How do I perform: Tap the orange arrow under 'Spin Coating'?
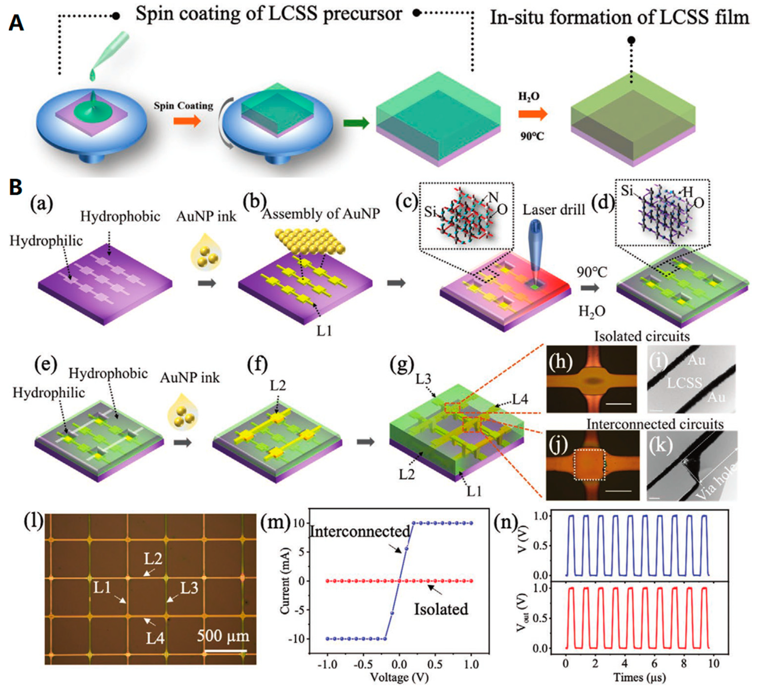[187, 121]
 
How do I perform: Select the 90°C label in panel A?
[532, 136]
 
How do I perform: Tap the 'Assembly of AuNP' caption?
[321, 214]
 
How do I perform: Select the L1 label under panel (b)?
[324, 331]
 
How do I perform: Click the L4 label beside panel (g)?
[520, 400]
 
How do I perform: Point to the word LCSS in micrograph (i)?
[684, 382]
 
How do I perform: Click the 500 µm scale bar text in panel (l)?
[223, 635]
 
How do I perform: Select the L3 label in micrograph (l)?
[189, 588]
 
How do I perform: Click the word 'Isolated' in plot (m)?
[441, 609]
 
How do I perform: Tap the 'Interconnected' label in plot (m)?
[360, 532]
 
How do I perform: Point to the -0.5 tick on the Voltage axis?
[363, 665]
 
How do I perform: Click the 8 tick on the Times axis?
[684, 663]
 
